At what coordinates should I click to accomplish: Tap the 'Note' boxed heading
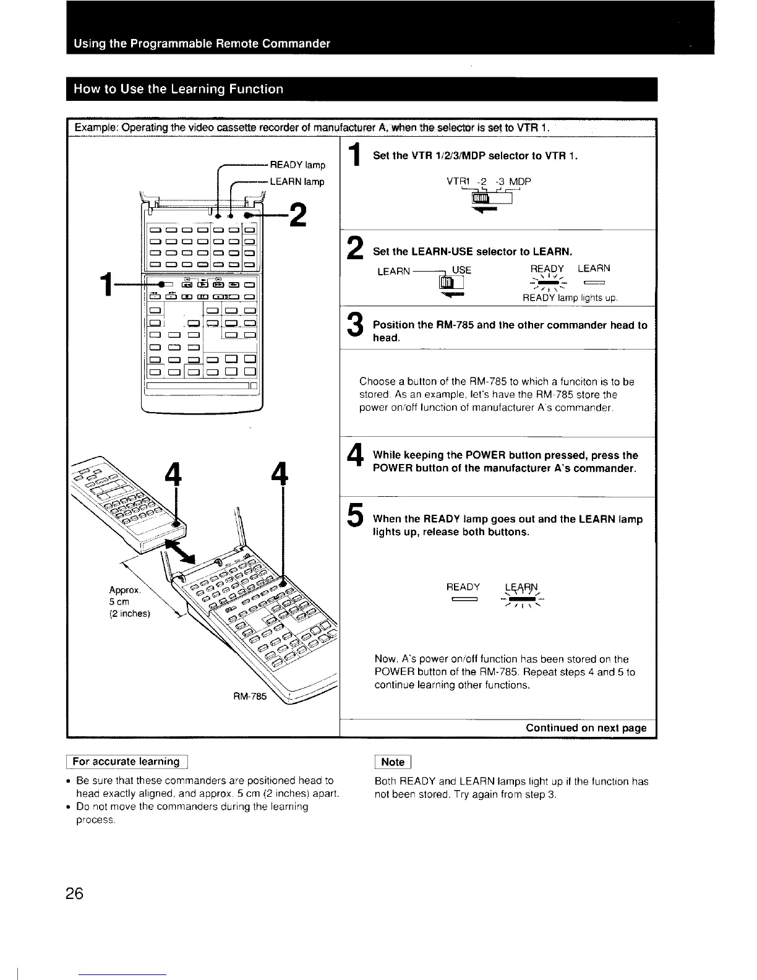[x=393, y=762]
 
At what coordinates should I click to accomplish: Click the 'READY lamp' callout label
[x=297, y=165]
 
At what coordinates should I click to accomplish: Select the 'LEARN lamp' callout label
[x=297, y=182]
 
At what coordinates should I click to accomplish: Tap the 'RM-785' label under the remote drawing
[x=252, y=696]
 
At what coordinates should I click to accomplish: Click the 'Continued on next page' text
[x=586, y=728]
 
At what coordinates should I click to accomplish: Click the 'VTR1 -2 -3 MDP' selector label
[x=488, y=182]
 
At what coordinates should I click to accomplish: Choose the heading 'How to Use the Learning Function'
[x=178, y=89]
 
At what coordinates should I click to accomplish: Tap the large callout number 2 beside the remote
[x=298, y=215]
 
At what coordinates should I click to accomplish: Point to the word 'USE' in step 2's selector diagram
[x=461, y=270]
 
